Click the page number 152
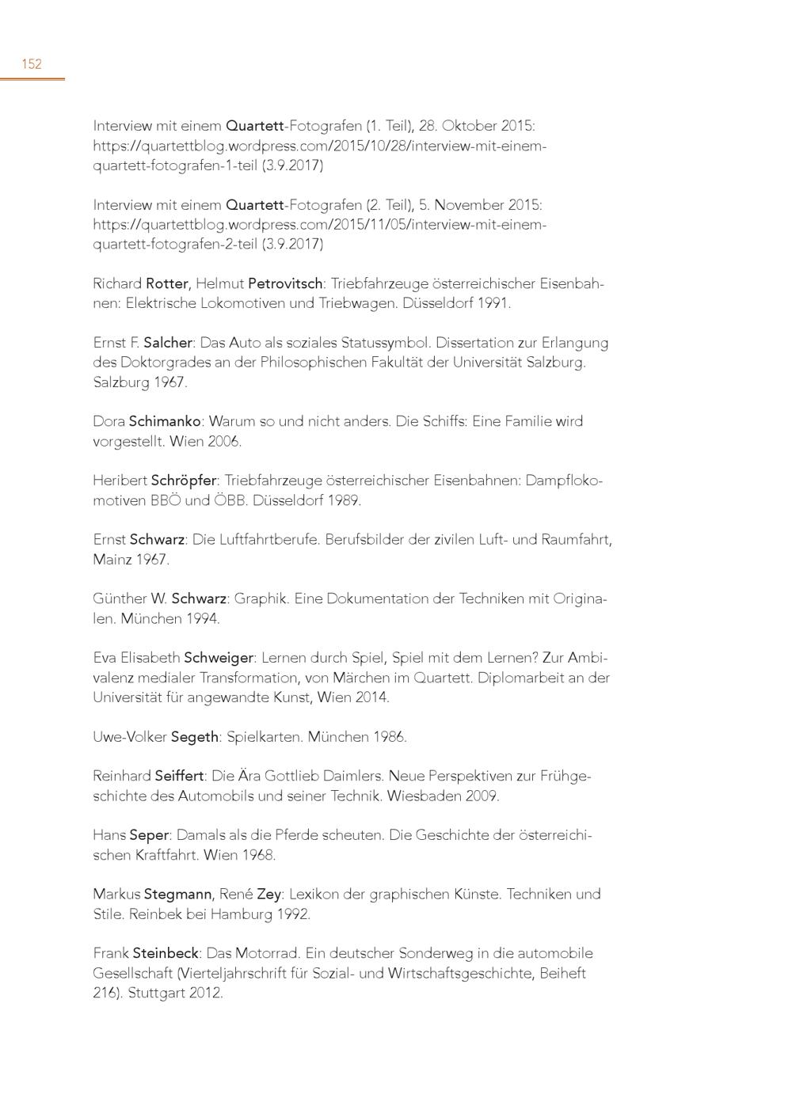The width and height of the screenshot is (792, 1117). pyautogui.click(x=32, y=64)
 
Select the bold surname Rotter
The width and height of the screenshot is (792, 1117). pyautogui.click(x=167, y=283)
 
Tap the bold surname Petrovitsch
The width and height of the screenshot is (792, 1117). pyautogui.click(x=285, y=283)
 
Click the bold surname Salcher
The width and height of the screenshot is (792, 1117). pyautogui.click(x=168, y=343)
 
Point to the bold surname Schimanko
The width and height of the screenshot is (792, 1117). pyautogui.click(x=165, y=421)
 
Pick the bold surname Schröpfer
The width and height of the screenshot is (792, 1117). pyautogui.click(x=184, y=481)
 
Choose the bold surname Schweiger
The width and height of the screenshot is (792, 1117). pyautogui.click(x=219, y=658)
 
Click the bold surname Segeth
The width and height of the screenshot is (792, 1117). pyautogui.click(x=195, y=737)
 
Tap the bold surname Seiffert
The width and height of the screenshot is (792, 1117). pyautogui.click(x=180, y=776)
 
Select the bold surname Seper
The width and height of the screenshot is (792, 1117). pyautogui.click(x=149, y=835)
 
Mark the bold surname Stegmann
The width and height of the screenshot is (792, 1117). pyautogui.click(x=177, y=894)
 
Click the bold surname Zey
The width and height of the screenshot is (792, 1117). pyautogui.click(x=269, y=894)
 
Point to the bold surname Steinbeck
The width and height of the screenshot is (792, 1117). pyautogui.click(x=166, y=953)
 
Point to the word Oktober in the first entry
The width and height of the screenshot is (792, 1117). pyautogui.click(x=468, y=126)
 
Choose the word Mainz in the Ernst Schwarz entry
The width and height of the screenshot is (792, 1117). pyautogui.click(x=111, y=560)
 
